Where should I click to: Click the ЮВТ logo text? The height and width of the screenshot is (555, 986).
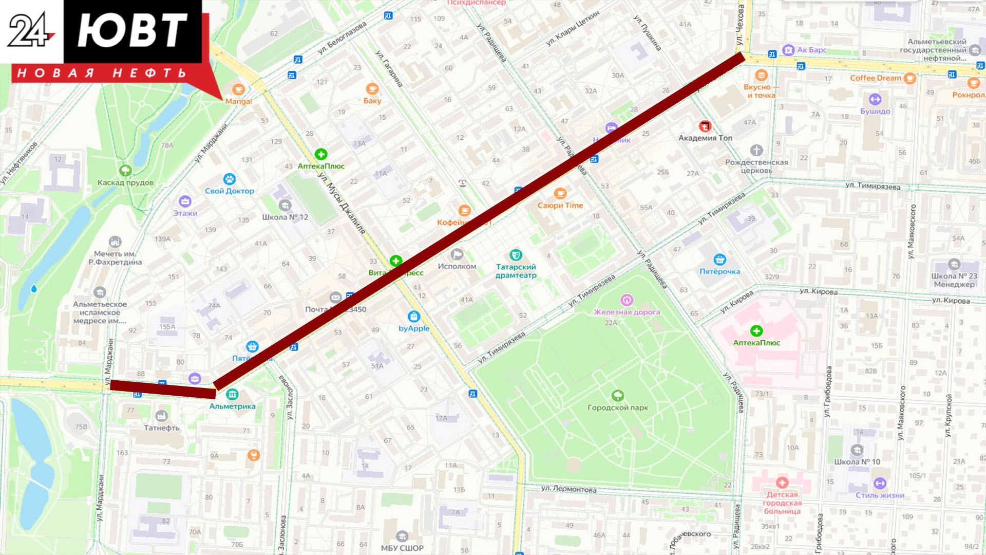(x=132, y=31)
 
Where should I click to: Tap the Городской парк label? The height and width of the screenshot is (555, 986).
(x=617, y=408)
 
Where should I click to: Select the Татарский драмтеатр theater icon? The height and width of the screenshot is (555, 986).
(x=515, y=255)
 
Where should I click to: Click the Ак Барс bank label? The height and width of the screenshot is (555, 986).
(x=811, y=50)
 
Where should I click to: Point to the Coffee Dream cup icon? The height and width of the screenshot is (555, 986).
(x=909, y=78)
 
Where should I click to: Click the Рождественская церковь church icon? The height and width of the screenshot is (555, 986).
(x=756, y=151)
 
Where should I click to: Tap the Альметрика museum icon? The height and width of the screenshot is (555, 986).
(x=232, y=394)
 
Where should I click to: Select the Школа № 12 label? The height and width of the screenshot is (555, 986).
(x=285, y=217)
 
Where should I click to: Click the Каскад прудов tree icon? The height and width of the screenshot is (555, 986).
(x=125, y=171)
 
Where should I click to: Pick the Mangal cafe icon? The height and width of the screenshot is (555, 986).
(x=238, y=89)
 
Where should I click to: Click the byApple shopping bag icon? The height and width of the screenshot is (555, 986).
(x=413, y=317)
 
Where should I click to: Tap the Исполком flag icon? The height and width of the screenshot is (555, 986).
(x=457, y=254)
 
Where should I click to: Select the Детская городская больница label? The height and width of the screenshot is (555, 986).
(x=782, y=503)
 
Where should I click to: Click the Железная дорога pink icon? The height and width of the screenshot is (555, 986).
(x=626, y=300)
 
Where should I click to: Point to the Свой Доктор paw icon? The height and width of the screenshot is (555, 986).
(x=229, y=179)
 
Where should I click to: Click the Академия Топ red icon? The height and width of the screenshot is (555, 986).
(x=705, y=126)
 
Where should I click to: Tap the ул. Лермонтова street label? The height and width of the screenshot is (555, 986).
(x=568, y=489)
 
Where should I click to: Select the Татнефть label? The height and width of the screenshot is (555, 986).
(x=161, y=428)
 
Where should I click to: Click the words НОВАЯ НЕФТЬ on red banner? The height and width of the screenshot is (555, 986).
(x=102, y=73)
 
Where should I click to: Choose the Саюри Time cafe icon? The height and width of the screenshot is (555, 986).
(x=560, y=194)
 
